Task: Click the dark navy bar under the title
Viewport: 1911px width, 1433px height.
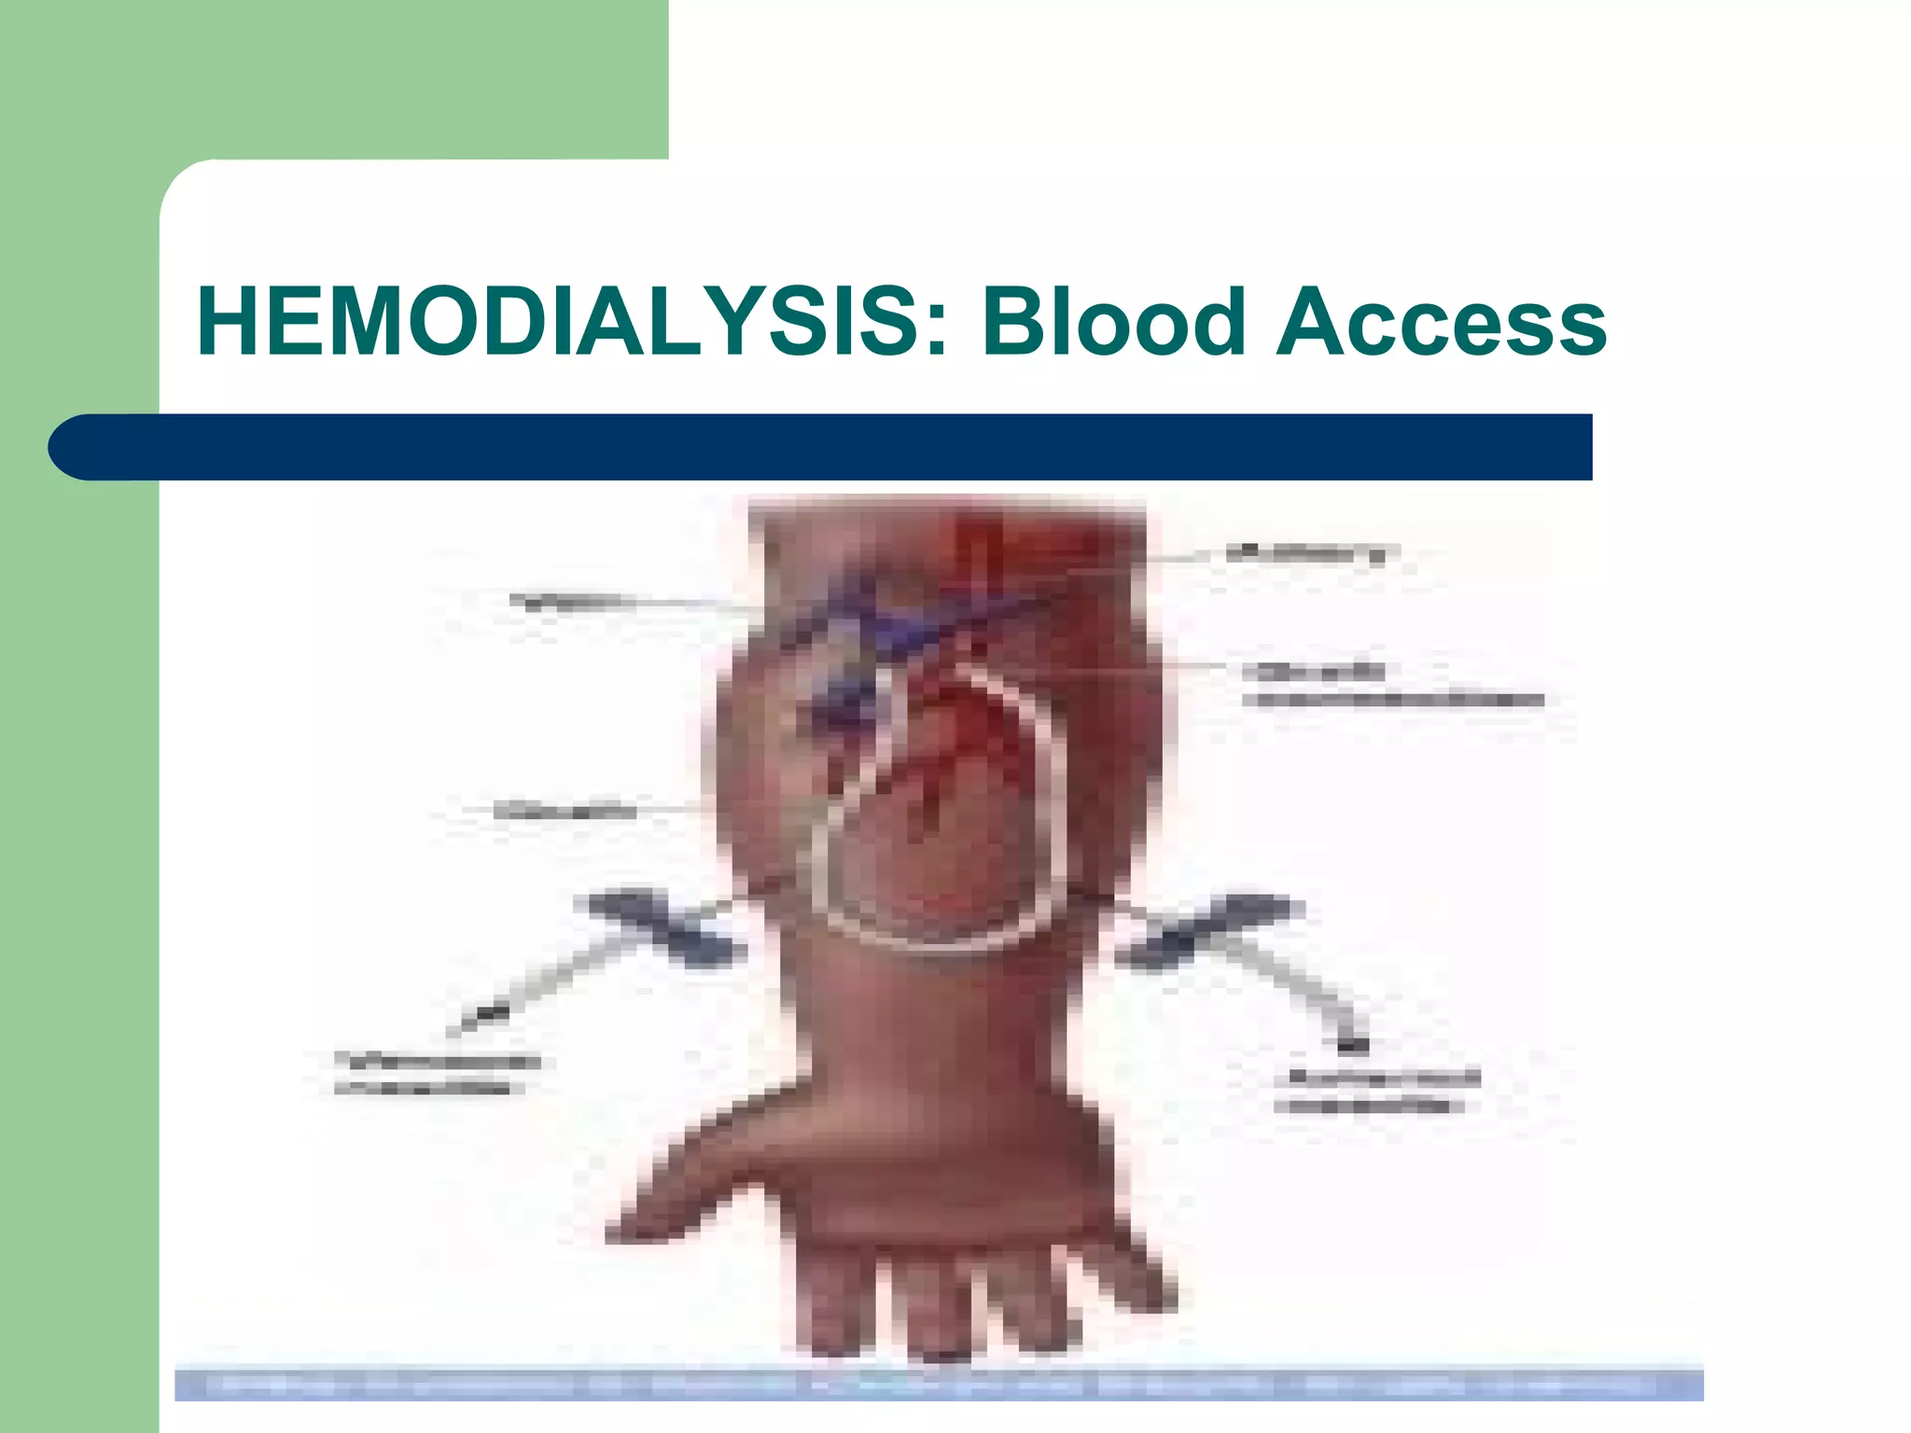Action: (840, 447)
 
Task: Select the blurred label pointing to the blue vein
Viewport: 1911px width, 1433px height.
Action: (565, 600)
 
